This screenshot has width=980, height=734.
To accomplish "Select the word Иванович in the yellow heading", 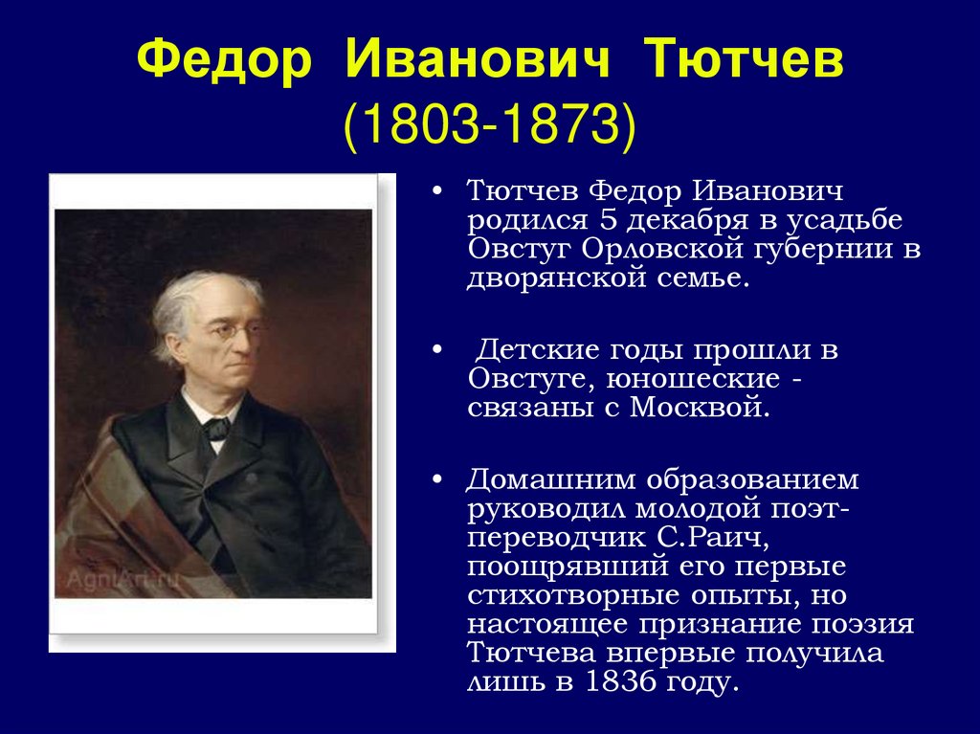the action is pos(477,58).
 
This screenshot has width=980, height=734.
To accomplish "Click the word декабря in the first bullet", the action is pos(686,219).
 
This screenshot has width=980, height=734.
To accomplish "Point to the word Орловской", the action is pos(662,249).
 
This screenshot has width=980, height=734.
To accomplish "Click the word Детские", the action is pos(537,349).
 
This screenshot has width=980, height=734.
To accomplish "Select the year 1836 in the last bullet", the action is pos(621,681).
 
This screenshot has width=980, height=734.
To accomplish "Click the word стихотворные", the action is pos(574,595).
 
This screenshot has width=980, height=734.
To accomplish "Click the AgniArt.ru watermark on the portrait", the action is pos(122,580).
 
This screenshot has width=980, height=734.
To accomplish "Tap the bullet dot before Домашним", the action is pos(437,479).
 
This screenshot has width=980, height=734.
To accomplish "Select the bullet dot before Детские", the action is pos(437,349).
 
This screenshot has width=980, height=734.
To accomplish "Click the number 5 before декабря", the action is pos(609,219).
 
